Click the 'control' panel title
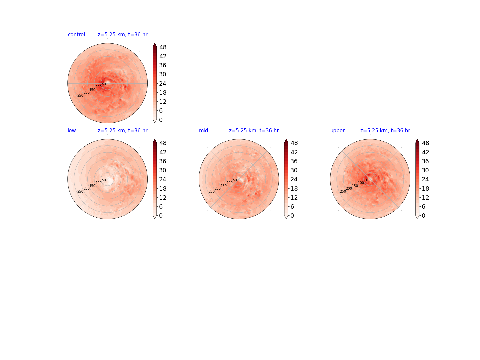coord(76,35)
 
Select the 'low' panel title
coord(72,130)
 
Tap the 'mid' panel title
coord(203,130)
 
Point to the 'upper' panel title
coord(337,131)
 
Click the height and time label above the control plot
coord(122,35)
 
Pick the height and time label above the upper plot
coord(385,130)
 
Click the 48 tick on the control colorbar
coord(163,47)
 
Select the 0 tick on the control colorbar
coord(161,120)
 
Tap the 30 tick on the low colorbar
coord(163,170)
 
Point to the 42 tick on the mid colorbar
coord(294,152)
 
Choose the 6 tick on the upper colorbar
coord(424,207)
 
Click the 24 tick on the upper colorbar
coord(425,179)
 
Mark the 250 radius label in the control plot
coord(80,96)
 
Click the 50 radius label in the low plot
coord(104,180)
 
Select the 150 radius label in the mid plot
coord(224,186)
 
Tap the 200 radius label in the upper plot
coord(349,188)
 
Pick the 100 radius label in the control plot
coord(99,87)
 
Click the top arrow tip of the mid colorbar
coord(286,139)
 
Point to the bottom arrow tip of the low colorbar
coord(155,219)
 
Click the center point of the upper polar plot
coord(370,179)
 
